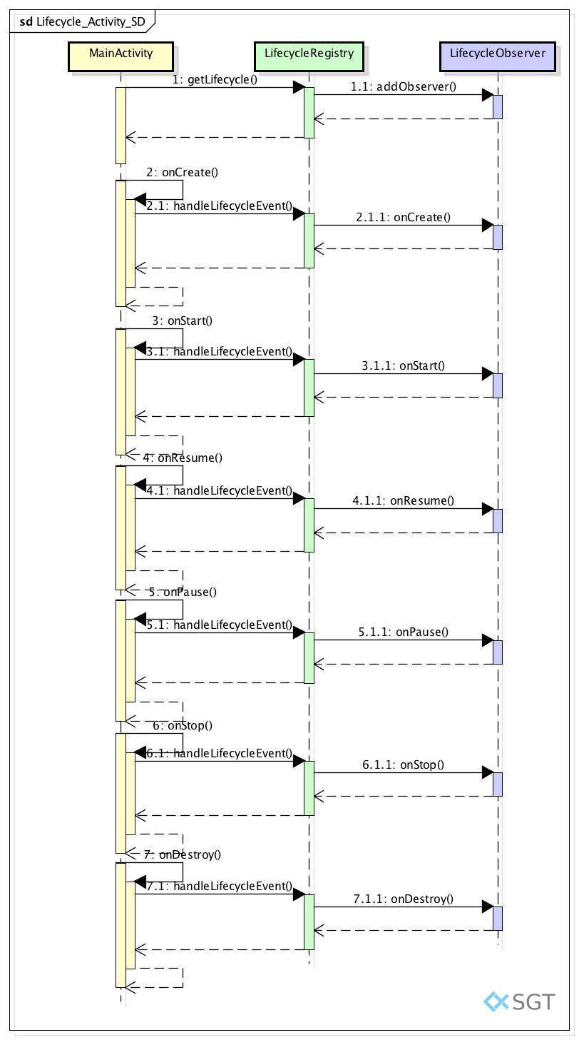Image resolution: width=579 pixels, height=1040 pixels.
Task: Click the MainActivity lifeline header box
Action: [121, 56]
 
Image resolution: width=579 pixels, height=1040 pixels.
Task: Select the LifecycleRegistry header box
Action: [309, 56]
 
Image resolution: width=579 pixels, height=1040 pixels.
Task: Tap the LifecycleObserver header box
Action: [497, 56]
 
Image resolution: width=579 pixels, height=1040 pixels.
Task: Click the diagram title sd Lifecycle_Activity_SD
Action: [82, 22]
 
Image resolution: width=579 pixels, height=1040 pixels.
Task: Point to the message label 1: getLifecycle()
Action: [215, 80]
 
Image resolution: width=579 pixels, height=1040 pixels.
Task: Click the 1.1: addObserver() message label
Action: [403, 87]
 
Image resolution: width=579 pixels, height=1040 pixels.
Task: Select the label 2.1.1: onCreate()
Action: [403, 217]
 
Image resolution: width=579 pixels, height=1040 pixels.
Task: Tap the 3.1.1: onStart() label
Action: [403, 366]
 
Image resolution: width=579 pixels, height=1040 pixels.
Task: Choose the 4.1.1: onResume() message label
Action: [403, 500]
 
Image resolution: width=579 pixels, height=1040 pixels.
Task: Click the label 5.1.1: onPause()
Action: [403, 632]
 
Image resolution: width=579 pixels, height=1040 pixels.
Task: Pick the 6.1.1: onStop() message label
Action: [403, 764]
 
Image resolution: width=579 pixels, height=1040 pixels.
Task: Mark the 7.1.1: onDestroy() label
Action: [403, 899]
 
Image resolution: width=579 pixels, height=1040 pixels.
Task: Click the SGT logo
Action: [519, 1001]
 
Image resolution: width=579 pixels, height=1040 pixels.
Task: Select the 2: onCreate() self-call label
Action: [183, 172]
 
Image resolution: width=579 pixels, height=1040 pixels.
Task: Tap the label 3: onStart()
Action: [183, 320]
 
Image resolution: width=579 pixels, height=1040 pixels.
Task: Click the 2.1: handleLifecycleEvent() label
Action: [220, 206]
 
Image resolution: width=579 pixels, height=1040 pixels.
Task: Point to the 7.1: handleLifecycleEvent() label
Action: [220, 886]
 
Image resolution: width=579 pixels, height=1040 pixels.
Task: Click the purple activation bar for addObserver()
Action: [497, 107]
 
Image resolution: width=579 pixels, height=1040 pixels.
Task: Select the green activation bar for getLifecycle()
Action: [309, 112]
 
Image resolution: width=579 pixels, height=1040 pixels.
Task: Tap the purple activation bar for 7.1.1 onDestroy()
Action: [497, 919]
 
